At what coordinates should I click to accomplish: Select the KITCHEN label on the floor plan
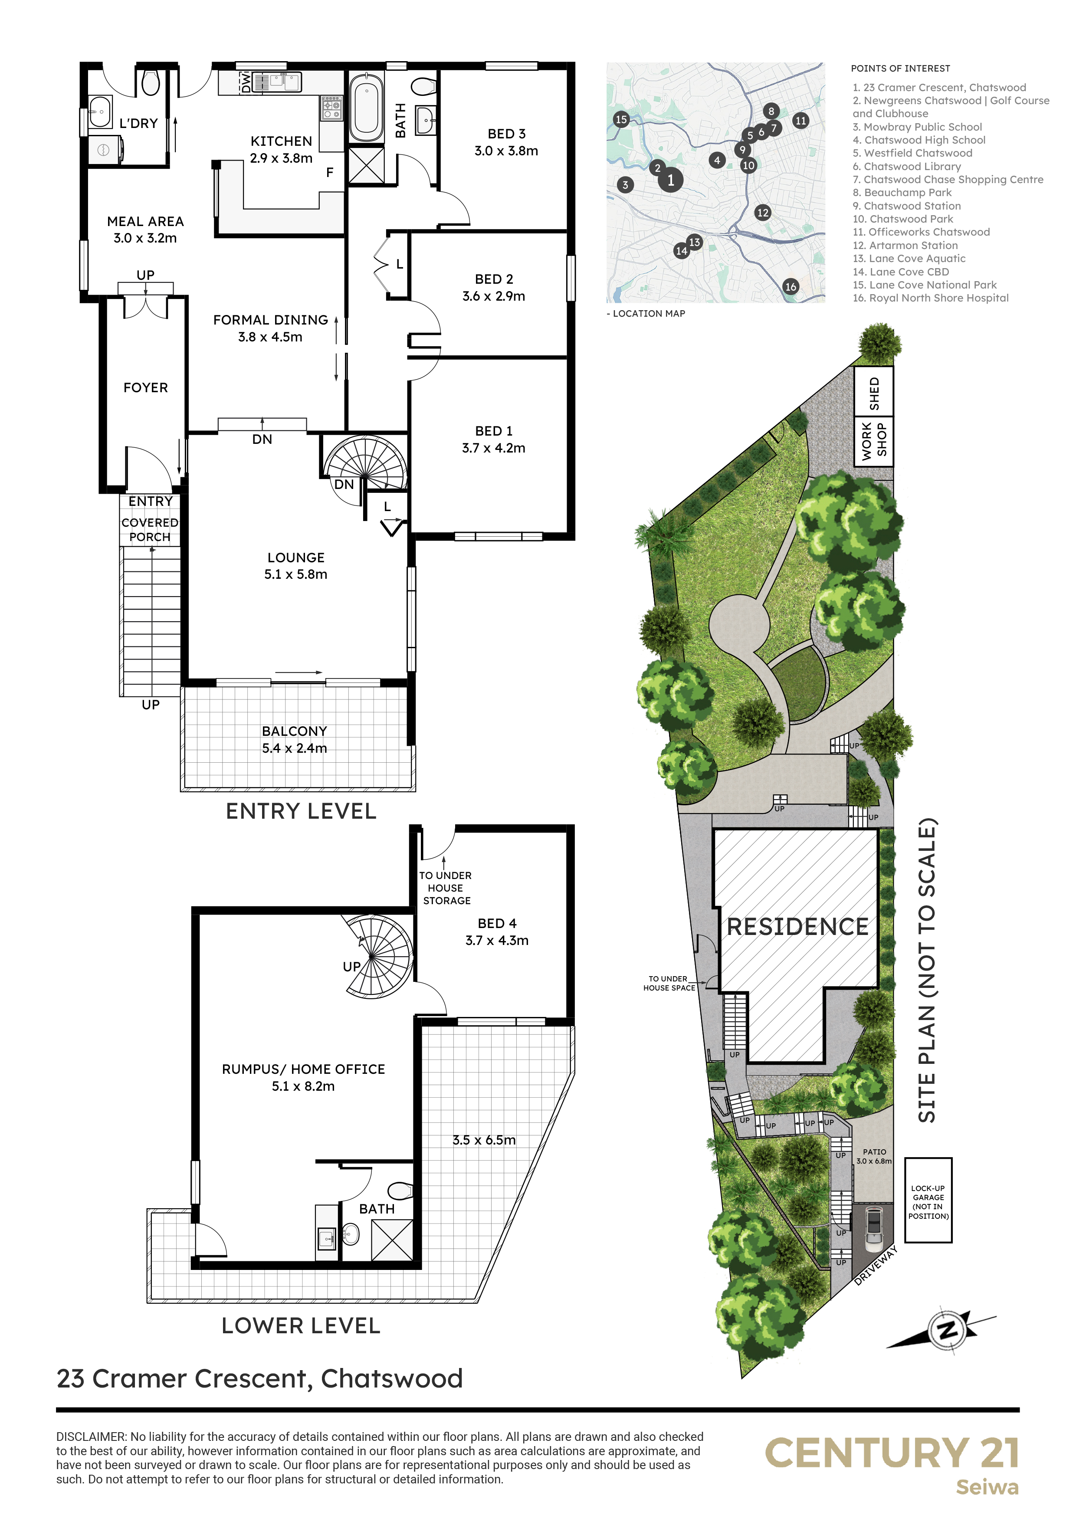(x=281, y=141)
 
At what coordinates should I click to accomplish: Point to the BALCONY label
(x=294, y=731)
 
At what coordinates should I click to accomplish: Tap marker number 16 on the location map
(x=790, y=286)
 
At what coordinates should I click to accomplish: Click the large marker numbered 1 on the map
(x=671, y=180)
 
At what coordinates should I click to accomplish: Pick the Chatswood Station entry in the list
(x=906, y=206)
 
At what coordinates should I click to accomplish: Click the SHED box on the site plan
(x=874, y=393)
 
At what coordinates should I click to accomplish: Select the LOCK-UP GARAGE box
(x=928, y=1200)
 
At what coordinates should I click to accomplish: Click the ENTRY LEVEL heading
(x=301, y=811)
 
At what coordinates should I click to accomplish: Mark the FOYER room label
(x=145, y=388)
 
